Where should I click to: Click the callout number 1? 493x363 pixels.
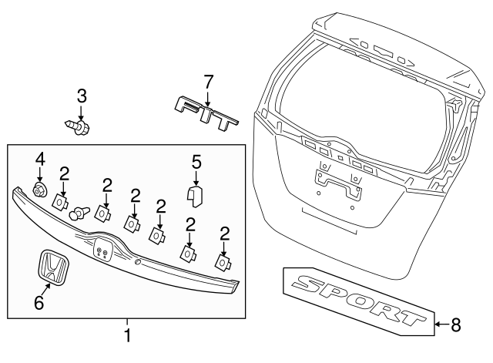128,336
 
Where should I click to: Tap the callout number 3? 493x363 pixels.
81,96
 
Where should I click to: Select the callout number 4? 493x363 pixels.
40,160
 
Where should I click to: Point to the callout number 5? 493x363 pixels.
196,162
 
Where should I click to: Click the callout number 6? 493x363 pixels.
39,304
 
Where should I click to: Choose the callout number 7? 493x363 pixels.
206,81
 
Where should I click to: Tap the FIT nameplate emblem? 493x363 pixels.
207,112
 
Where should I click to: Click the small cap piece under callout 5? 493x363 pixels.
196,196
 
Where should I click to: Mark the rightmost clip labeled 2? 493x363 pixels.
223,263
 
